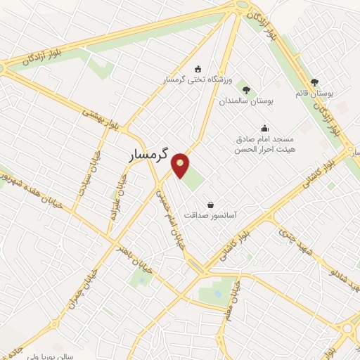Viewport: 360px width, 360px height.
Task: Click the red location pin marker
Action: point(181,165)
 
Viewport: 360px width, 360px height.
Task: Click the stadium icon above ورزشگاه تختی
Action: point(198,69)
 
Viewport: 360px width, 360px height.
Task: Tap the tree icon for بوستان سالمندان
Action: point(246,89)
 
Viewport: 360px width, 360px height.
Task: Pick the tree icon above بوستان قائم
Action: point(314,82)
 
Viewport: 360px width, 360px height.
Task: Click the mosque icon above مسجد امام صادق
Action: point(264,128)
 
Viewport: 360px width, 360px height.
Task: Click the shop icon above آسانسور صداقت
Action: point(210,204)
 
